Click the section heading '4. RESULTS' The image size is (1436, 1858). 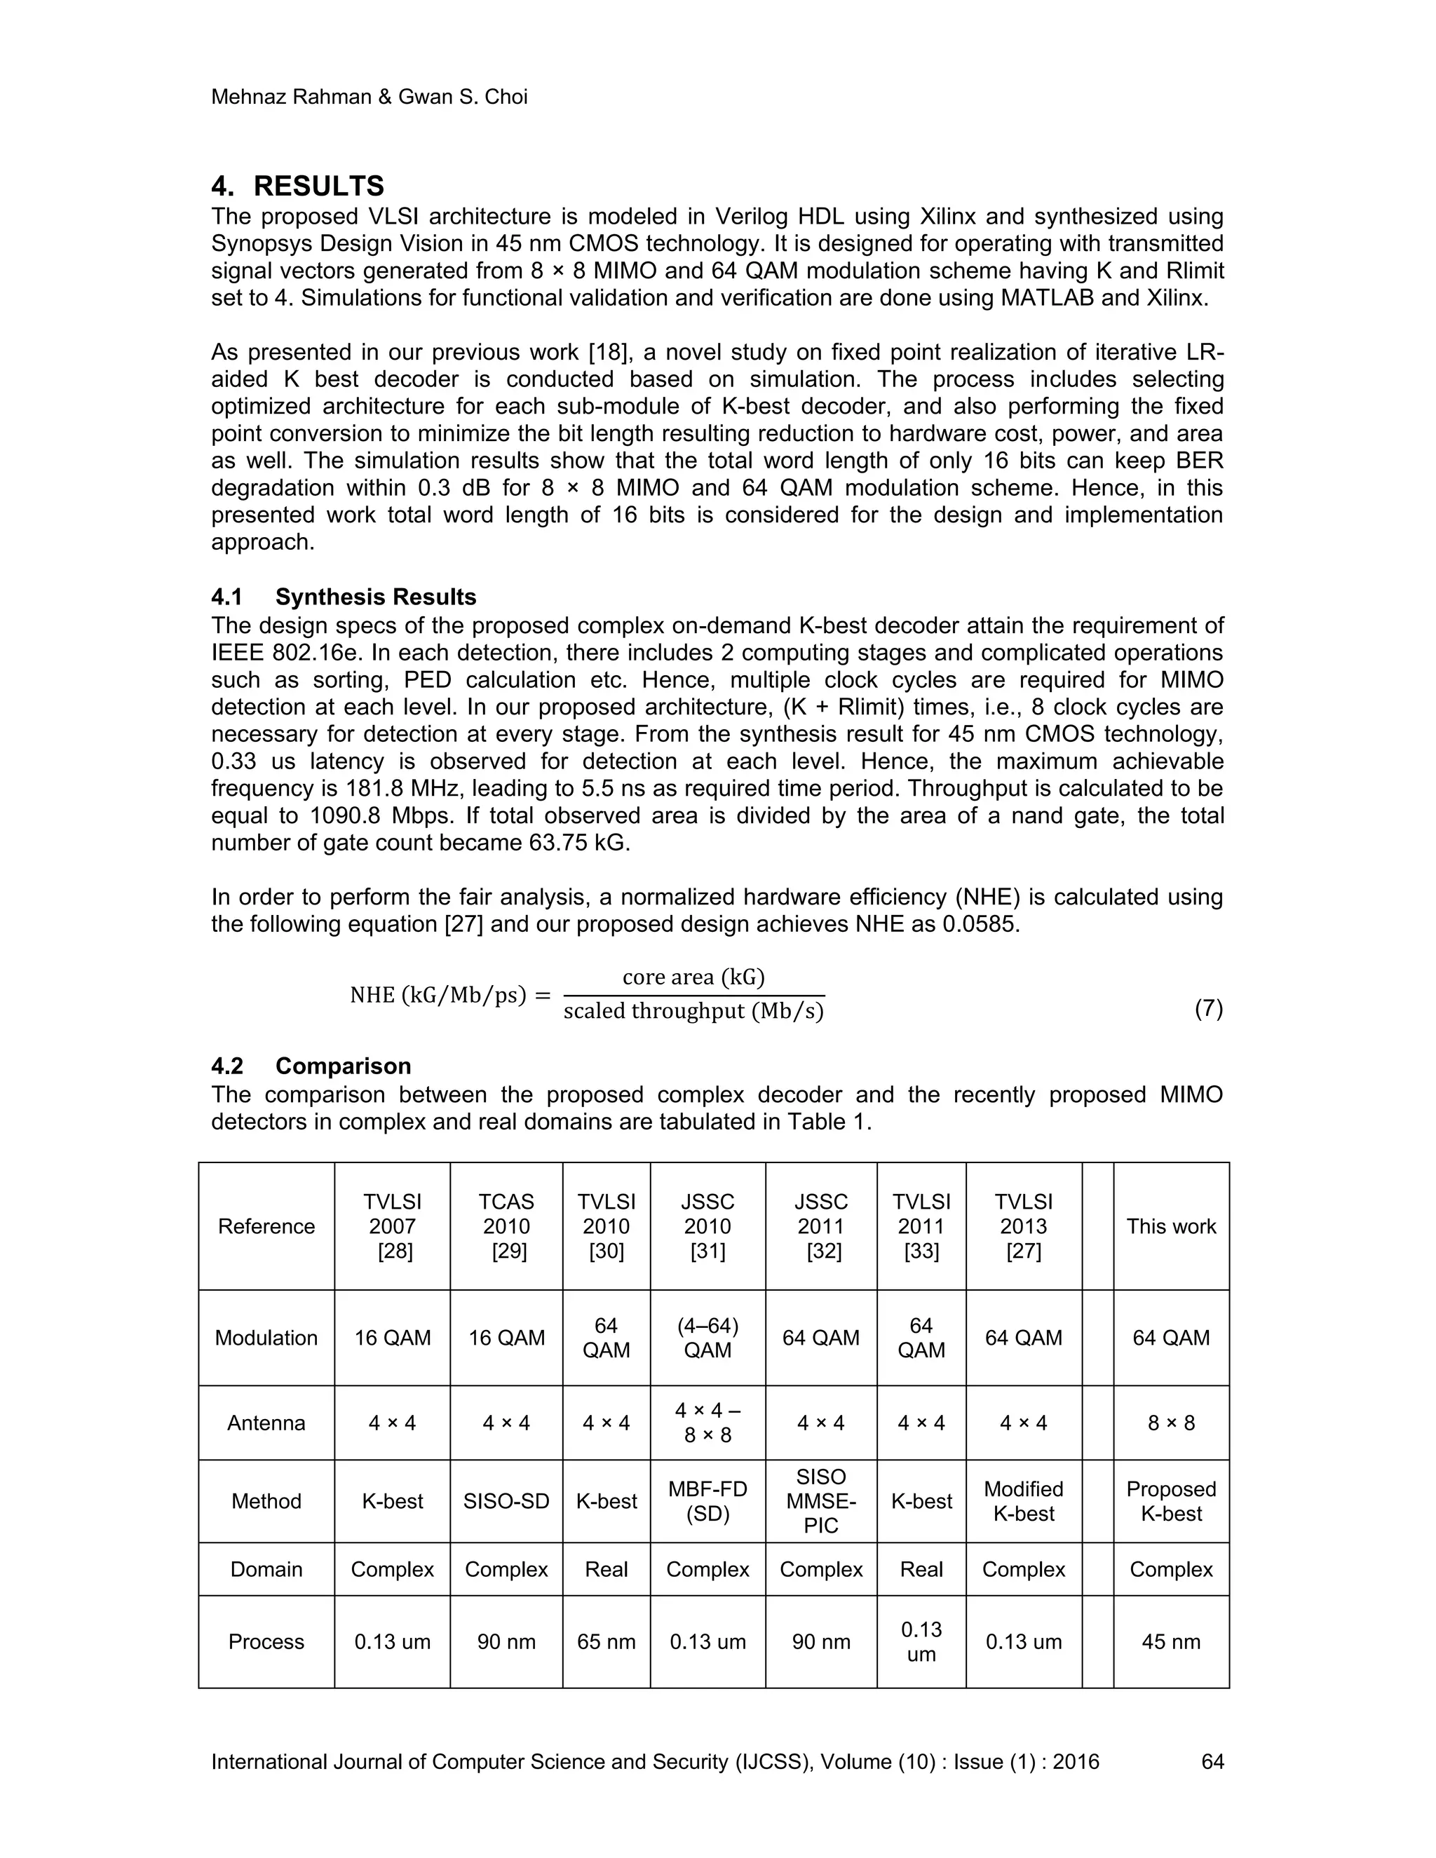298,187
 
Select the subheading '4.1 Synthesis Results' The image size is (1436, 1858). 344,597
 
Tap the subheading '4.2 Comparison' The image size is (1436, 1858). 311,1066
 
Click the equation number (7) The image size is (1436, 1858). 1208,1009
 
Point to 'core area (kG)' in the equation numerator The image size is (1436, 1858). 693,977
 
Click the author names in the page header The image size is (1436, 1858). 370,97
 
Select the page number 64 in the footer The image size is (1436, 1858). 1212,1762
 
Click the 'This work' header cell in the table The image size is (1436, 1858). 1170,1226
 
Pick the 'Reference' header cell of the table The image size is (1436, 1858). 266,1226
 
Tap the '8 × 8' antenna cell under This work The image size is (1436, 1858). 1170,1423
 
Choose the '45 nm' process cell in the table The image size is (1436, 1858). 1170,1641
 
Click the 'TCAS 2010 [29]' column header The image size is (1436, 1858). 506,1226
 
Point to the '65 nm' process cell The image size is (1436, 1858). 606,1641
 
